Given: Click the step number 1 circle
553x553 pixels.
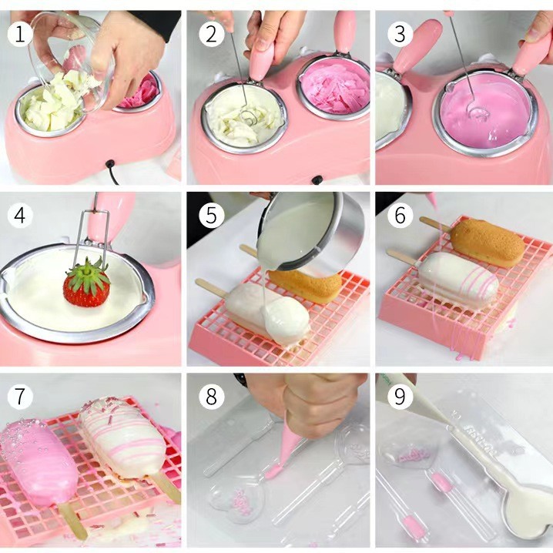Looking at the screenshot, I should [21, 33].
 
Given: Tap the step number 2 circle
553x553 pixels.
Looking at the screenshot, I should [209, 33].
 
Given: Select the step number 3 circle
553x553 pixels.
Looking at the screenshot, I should [397, 33].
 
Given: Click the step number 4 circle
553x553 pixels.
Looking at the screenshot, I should [21, 216].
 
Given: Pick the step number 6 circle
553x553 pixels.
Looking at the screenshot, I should [399, 216].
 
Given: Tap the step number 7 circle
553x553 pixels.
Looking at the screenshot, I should [21, 397].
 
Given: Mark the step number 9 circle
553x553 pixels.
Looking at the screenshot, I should [399, 397].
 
